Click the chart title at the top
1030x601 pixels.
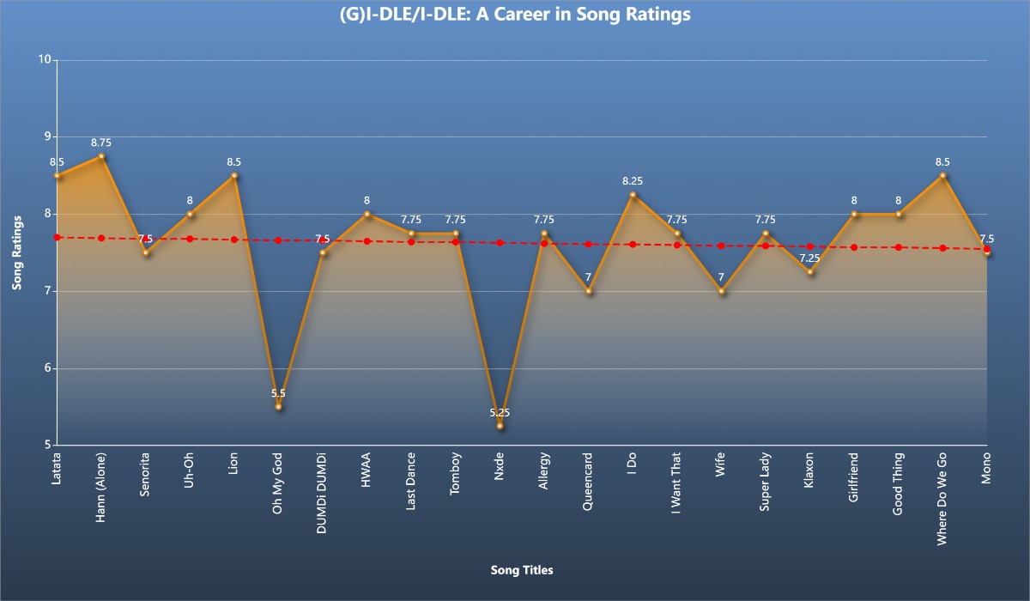[515, 15]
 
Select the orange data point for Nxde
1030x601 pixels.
[500, 426]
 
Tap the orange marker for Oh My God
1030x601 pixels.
[278, 406]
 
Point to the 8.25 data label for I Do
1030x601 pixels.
[633, 181]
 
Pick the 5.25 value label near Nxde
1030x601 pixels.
[500, 413]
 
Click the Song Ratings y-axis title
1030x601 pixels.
[17, 252]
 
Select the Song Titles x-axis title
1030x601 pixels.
[522, 570]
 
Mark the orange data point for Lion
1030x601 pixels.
[234, 175]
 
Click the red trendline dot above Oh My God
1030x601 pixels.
[278, 240]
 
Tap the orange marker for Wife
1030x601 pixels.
[722, 291]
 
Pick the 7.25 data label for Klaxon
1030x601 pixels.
[810, 258]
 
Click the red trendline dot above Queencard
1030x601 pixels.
[589, 244]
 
